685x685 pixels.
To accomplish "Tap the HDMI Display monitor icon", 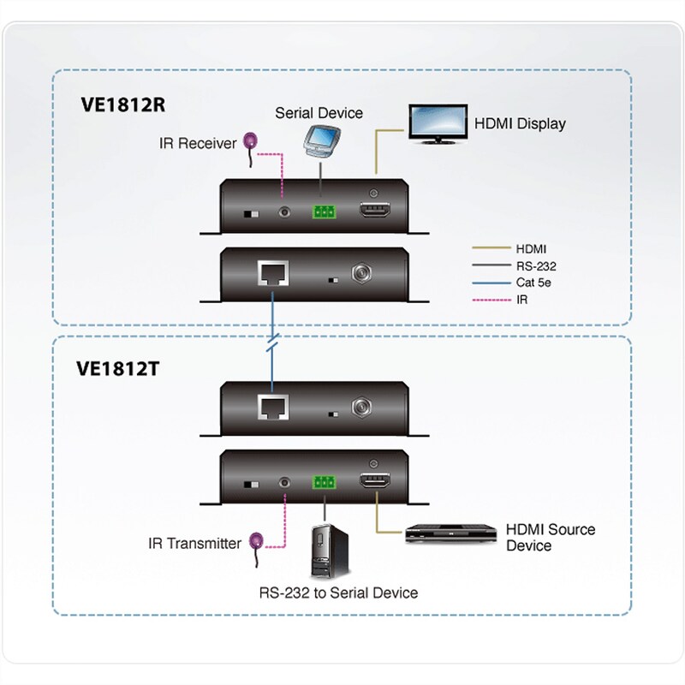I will (x=436, y=123).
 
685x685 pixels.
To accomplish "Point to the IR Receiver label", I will (x=195, y=144).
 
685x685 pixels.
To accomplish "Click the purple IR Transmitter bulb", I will (x=256, y=540).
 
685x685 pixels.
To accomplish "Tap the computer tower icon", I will (x=325, y=553).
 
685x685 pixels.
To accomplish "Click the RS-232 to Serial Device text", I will (x=338, y=593).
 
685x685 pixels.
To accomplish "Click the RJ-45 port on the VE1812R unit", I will (x=273, y=276).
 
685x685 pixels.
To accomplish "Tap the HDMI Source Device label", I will (x=550, y=538).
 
